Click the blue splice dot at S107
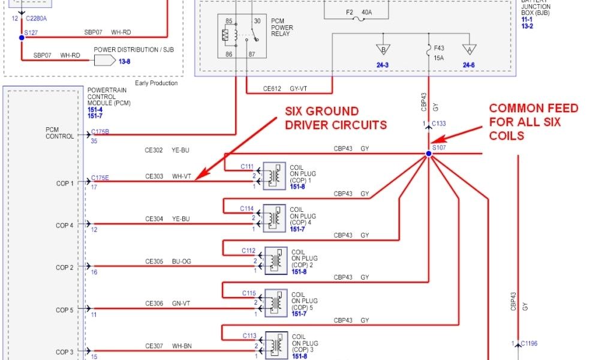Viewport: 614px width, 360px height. click(x=429, y=154)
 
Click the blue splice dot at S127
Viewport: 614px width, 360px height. click(x=22, y=37)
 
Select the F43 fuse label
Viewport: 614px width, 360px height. click(x=438, y=48)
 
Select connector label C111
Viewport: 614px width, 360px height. click(x=248, y=166)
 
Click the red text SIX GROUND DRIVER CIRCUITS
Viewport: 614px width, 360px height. click(x=331, y=118)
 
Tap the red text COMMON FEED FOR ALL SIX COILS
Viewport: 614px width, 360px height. click(x=534, y=122)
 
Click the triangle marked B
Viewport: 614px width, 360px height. click(x=381, y=50)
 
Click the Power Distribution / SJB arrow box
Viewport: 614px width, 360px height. click(x=103, y=60)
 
